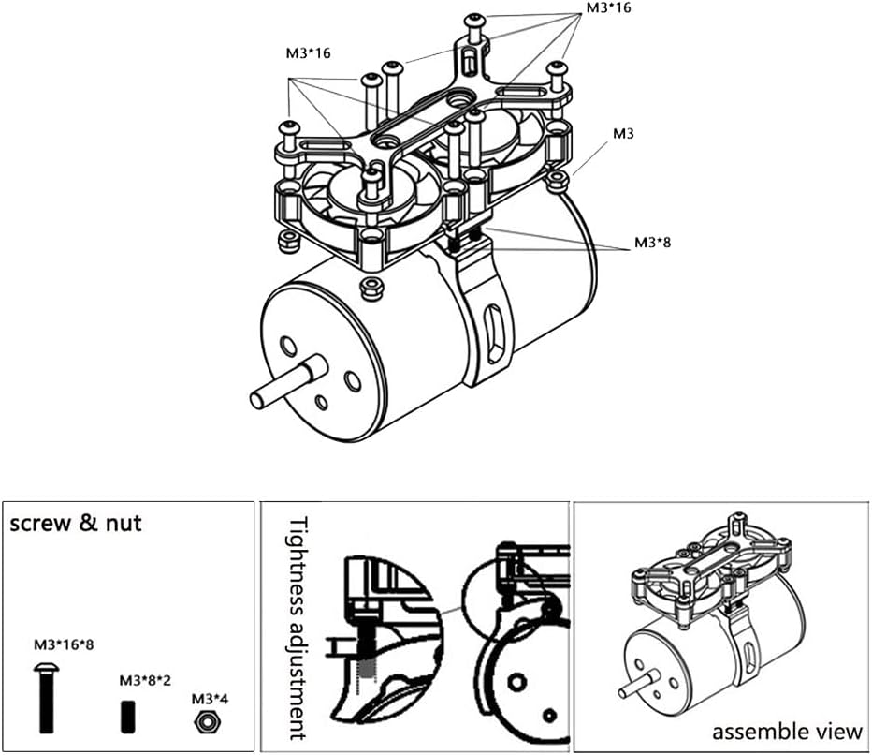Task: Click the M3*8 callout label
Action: tap(652, 243)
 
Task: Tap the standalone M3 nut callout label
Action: tap(623, 134)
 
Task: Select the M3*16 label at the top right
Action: tap(609, 8)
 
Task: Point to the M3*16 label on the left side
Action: tap(308, 53)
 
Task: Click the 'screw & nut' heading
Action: tap(76, 524)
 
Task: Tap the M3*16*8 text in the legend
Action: tap(64, 644)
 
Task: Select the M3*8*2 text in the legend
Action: tap(145, 680)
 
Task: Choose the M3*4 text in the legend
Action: tap(210, 698)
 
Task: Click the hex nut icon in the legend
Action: tap(208, 721)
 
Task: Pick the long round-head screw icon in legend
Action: tap(47, 698)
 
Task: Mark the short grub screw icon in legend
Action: tap(128, 717)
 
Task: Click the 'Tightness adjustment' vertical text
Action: tap(298, 629)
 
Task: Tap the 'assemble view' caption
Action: tap(787, 731)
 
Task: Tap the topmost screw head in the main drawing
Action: tap(475, 20)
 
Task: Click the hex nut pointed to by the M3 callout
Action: tap(556, 180)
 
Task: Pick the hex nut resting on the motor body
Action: tap(371, 288)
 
